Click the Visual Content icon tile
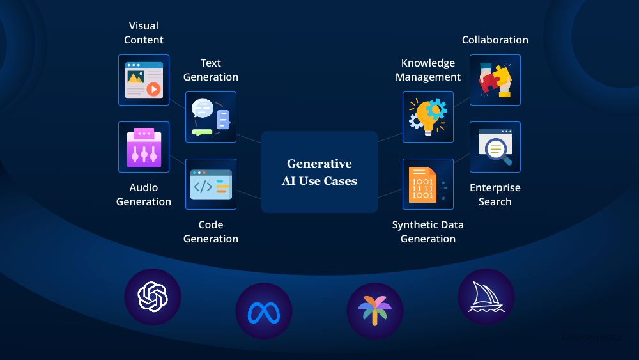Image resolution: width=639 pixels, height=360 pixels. pyautogui.click(x=144, y=80)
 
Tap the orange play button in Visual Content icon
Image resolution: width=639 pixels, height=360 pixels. pyautogui.click(x=153, y=89)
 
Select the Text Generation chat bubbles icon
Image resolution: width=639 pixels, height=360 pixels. pyautogui.click(x=211, y=117)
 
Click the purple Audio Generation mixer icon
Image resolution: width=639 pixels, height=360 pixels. pyautogui.click(x=144, y=147)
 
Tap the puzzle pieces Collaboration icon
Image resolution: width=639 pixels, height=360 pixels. pyautogui.click(x=495, y=80)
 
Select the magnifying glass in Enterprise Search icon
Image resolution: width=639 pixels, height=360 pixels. pyautogui.click(x=497, y=151)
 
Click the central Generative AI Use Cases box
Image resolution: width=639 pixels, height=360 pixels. pyautogui.click(x=319, y=172)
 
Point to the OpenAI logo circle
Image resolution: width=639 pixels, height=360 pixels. pyautogui.click(x=153, y=297)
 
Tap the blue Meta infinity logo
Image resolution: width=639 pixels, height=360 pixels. pyautogui.click(x=264, y=311)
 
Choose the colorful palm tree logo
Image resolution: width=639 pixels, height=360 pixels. pyautogui.click(x=375, y=311)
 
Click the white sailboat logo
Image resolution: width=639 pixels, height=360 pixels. pyautogui.click(x=486, y=297)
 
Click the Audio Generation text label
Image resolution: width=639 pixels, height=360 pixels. pyautogui.click(x=144, y=194)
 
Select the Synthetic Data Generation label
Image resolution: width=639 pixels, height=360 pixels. pyautogui.click(x=428, y=231)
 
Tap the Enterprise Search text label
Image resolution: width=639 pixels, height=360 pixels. pyautogui.click(x=495, y=194)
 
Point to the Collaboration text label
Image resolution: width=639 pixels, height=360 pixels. pyautogui.click(x=495, y=40)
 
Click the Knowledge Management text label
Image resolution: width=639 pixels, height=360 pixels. pyautogui.click(x=428, y=70)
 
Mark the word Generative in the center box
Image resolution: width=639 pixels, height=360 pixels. pyautogui.click(x=319, y=164)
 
